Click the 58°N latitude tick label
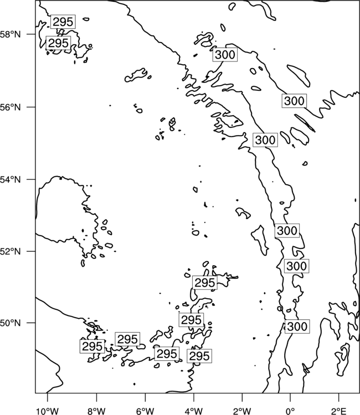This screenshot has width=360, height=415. coord(11,34)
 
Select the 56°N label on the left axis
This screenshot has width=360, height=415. coord(11,107)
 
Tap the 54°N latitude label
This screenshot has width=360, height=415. coord(11,180)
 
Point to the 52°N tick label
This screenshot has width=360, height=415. coord(11,251)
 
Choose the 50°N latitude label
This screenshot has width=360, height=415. coord(11,323)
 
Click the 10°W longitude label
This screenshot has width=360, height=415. coord(48,411)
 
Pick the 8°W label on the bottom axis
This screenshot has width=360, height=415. coord(96,411)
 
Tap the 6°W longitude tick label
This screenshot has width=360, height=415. coord(145,411)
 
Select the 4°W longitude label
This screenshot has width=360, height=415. coord(194,411)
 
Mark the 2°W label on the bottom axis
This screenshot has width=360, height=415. coord(242,411)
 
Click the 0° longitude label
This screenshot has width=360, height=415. coord(290,411)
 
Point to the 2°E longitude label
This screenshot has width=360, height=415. coord(339,411)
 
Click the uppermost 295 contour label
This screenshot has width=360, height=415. coord(63,22)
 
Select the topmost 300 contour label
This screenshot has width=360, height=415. coord(225,55)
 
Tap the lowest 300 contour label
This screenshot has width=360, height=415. coord(297,326)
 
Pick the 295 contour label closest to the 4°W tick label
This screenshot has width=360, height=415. coord(199,356)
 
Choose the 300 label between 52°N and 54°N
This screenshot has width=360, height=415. coord(287,231)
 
